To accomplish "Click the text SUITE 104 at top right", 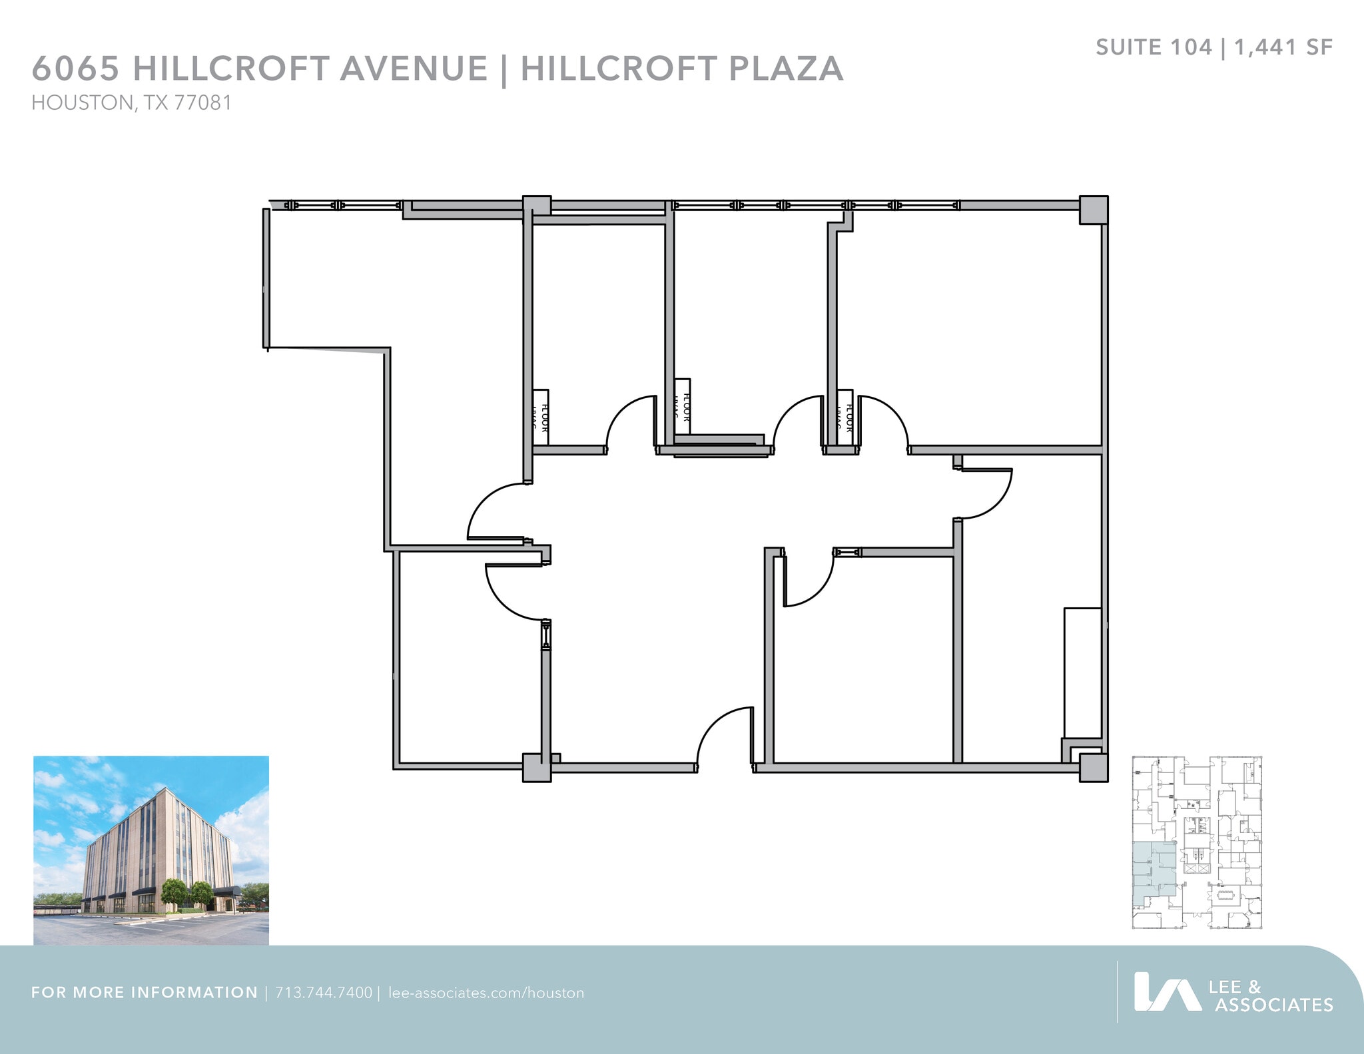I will click(x=1154, y=47).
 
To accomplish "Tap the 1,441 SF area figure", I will click(x=1283, y=47).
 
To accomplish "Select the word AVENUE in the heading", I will click(x=414, y=69).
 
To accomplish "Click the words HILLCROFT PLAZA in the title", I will click(x=681, y=69).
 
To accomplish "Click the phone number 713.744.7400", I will click(x=324, y=993).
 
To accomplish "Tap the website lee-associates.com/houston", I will click(x=486, y=993).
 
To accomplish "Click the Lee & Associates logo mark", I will click(x=1167, y=992).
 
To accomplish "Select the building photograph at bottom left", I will click(x=151, y=850).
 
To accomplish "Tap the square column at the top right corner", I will click(x=1093, y=210).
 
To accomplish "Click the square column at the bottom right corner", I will click(x=1093, y=767).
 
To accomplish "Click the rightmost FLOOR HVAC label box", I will click(x=845, y=409).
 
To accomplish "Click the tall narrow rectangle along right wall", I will click(x=1082, y=672).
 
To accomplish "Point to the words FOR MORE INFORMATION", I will click(x=145, y=993).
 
